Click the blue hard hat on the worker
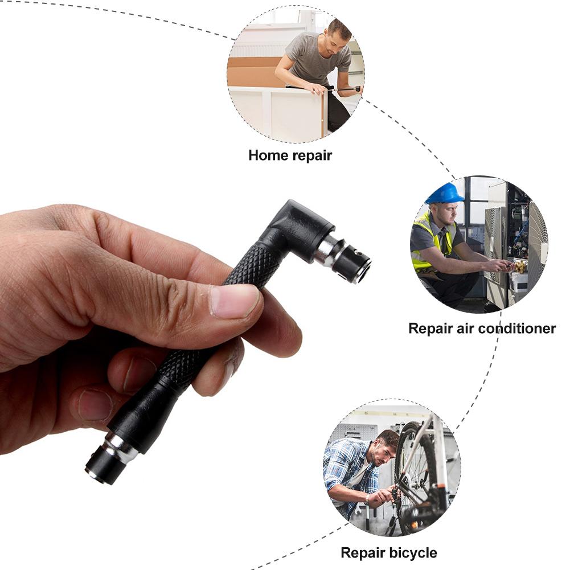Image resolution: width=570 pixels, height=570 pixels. tap(445, 194)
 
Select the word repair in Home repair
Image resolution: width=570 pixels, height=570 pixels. tap(312, 155)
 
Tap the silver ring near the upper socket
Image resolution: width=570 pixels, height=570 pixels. tap(327, 251)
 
